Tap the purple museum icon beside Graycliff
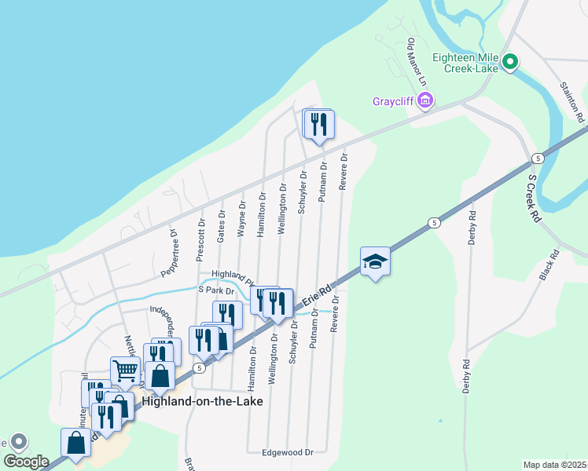click(x=425, y=100)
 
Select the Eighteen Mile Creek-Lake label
click(x=466, y=64)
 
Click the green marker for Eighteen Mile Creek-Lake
click(x=510, y=61)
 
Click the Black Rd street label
click(x=549, y=265)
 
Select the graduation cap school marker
click(x=375, y=262)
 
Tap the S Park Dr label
click(x=217, y=290)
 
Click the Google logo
click(x=26, y=461)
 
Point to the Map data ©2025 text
click(x=554, y=465)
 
